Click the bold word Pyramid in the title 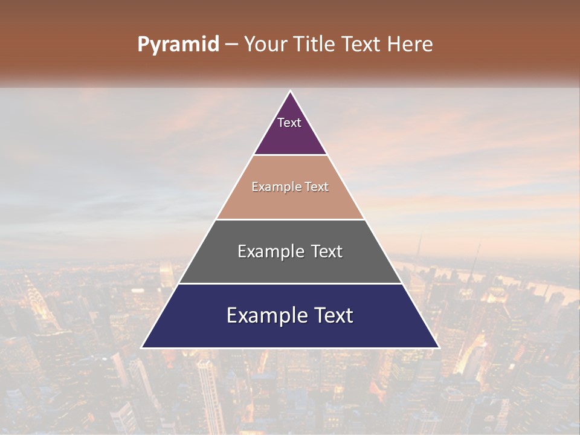(178, 45)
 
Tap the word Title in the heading (317, 45)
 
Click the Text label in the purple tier (289, 123)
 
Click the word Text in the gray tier (327, 251)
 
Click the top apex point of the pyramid (290, 91)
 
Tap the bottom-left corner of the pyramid (142, 347)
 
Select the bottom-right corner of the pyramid (439, 347)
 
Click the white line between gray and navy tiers (290, 283)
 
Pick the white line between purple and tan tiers (290, 155)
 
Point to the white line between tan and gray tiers (290, 219)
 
